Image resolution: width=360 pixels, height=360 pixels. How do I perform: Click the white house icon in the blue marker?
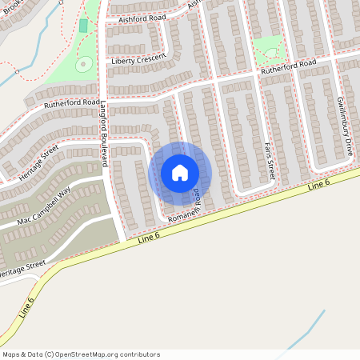point(180,173)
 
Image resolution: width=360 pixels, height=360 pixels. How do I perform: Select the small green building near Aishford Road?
point(83,26)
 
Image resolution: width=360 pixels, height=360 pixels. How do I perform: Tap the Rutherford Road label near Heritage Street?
point(72,103)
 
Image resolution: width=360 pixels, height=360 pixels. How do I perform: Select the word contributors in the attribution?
point(134,354)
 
